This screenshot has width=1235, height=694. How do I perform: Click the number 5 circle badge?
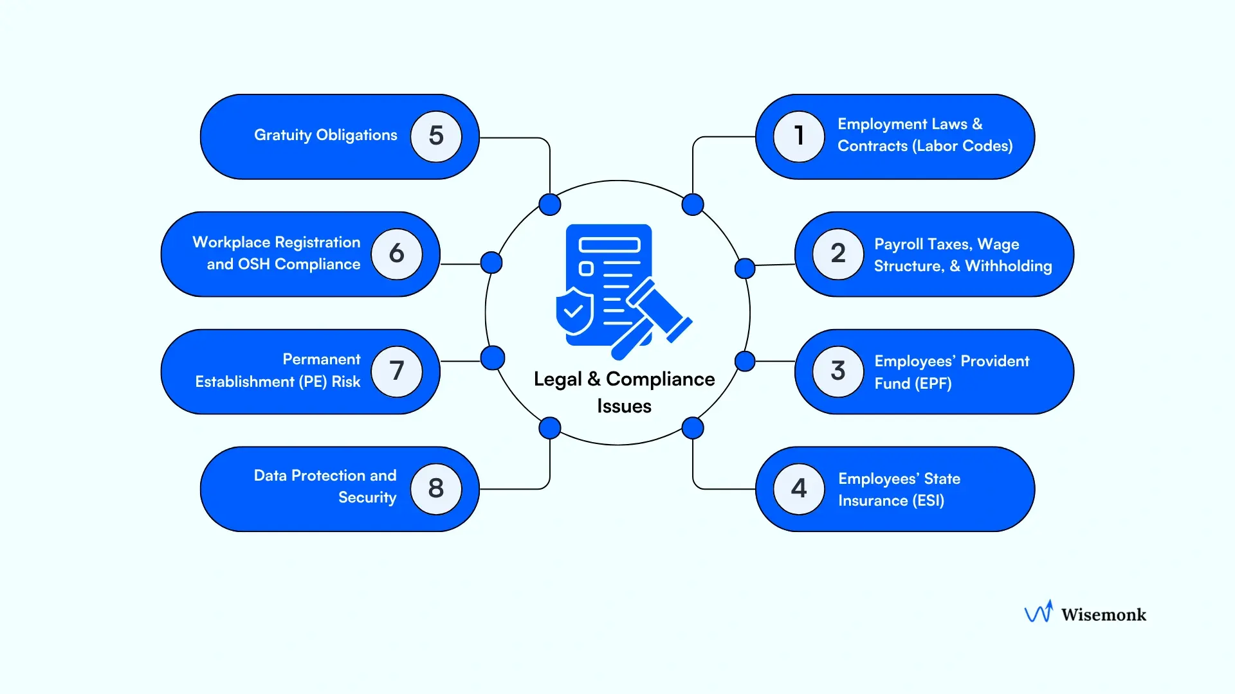[436, 136]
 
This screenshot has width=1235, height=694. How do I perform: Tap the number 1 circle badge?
[799, 136]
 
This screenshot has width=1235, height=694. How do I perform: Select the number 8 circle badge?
[436, 489]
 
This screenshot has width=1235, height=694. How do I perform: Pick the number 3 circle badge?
[838, 371]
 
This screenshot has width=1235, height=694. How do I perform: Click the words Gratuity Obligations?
[325, 135]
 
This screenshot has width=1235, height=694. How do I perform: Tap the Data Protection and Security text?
[325, 486]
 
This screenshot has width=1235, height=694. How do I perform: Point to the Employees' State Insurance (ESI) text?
[899, 490]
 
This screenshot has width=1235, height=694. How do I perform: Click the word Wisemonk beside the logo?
[1103, 615]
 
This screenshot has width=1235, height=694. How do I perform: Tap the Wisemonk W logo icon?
[1039, 612]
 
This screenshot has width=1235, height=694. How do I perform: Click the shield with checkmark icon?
[574, 312]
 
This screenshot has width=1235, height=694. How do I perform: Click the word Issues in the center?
[624, 406]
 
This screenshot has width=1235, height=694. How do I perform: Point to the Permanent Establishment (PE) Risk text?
[278, 371]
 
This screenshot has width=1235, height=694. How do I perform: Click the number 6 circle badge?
[397, 254]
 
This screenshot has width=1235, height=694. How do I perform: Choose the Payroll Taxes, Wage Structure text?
[962, 255]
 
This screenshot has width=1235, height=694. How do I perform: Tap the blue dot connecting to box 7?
[493, 358]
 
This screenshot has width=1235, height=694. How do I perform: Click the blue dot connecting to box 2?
[745, 268]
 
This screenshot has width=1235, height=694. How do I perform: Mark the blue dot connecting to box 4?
[693, 428]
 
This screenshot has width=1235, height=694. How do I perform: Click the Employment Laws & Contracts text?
[924, 135]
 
